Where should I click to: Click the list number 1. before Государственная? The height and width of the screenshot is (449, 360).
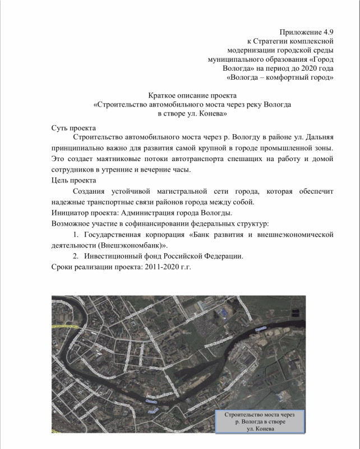(77, 235)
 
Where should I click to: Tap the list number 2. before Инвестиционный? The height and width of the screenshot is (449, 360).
(77, 256)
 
